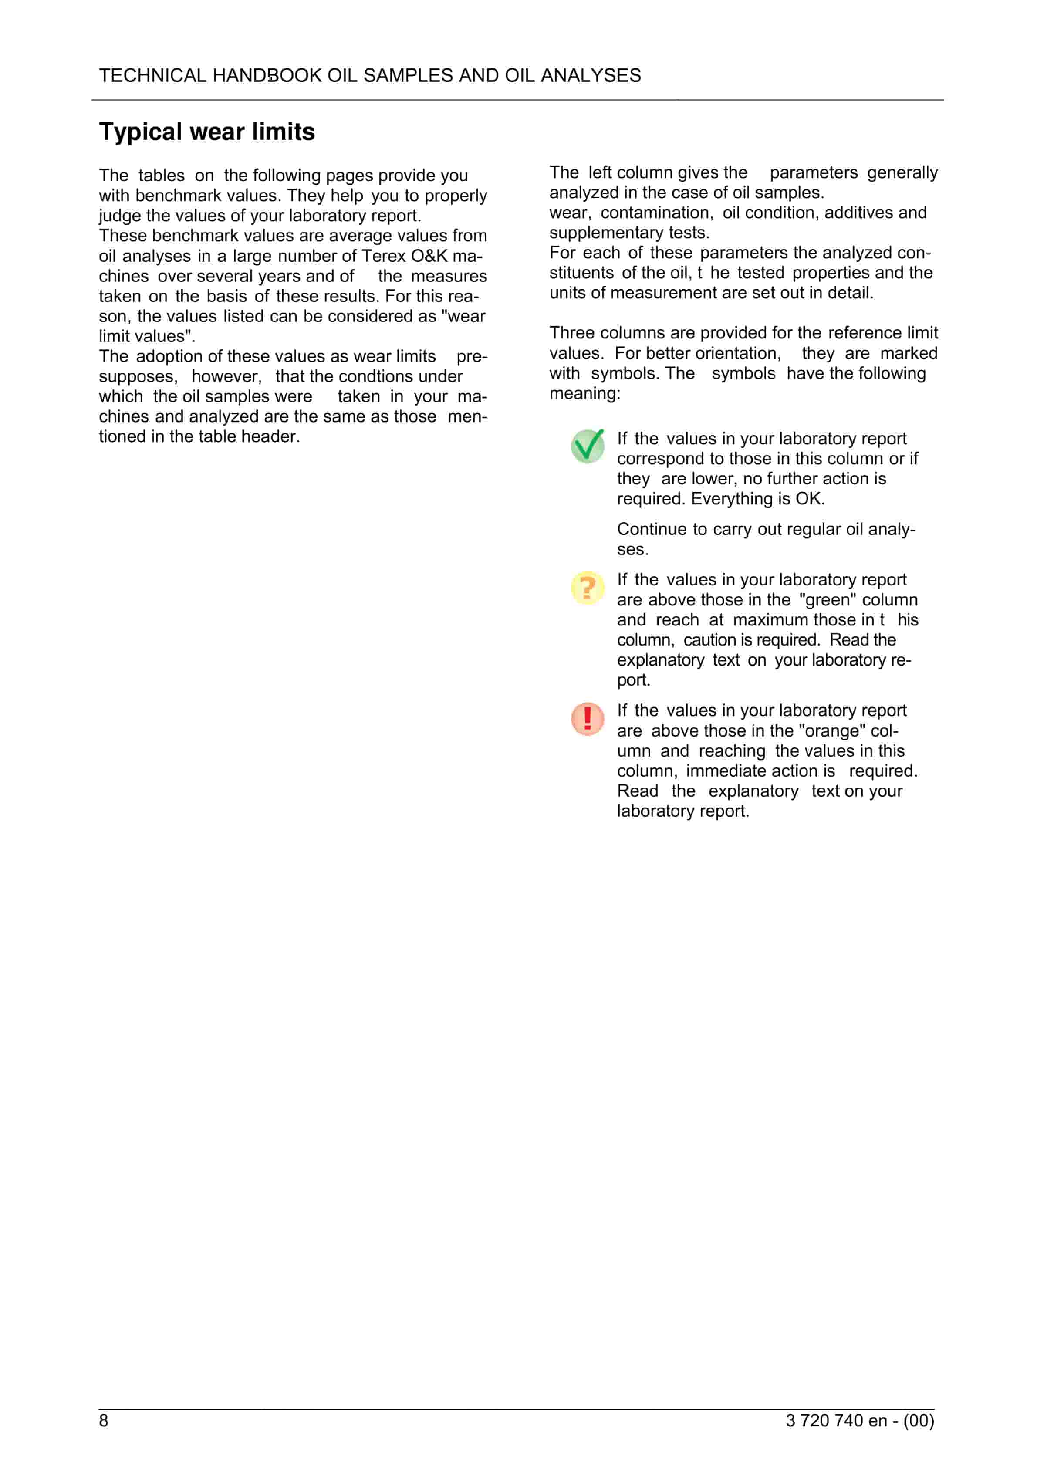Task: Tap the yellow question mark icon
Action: (587, 587)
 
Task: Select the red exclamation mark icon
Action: (587, 718)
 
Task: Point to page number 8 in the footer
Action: (104, 1420)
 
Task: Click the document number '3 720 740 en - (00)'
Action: (859, 1420)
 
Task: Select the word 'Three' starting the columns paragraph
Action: (572, 333)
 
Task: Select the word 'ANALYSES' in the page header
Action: (591, 75)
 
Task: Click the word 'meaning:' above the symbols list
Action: (584, 394)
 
